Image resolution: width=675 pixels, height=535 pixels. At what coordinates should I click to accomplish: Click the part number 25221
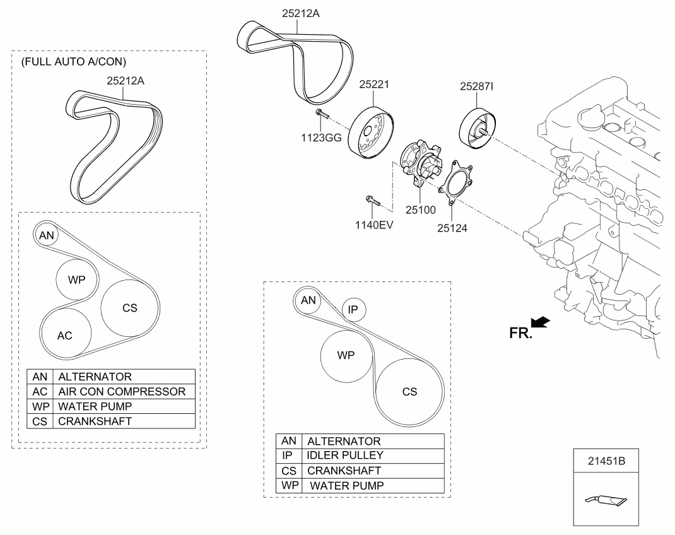(375, 85)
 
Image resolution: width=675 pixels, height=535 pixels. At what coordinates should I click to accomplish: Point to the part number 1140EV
(372, 223)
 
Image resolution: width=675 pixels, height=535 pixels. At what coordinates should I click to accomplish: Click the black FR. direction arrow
(540, 323)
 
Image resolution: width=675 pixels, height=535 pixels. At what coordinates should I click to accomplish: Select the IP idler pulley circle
(353, 310)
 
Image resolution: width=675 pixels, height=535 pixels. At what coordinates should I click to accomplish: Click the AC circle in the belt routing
(65, 335)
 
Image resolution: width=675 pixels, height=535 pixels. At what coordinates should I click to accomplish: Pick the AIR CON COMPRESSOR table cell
(122, 391)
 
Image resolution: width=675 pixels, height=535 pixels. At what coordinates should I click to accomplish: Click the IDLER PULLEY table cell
(345, 455)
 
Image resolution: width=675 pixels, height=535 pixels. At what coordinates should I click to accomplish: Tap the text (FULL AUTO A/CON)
(74, 62)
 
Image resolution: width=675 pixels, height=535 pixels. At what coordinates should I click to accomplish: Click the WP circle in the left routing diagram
(77, 279)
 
